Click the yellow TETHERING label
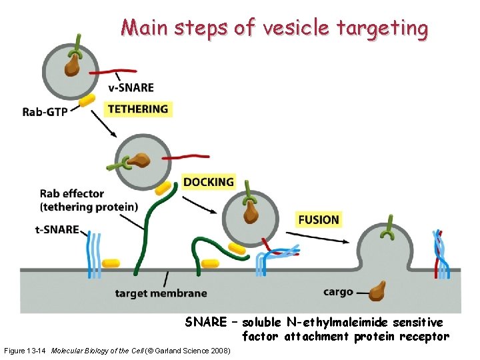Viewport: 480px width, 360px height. click(138, 109)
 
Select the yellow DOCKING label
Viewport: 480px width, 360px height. click(209, 182)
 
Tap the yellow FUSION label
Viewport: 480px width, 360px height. click(319, 219)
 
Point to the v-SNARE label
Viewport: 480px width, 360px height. click(131, 87)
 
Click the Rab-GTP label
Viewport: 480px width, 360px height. click(45, 112)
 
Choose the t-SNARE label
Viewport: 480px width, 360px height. click(56, 230)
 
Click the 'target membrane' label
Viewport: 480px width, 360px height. click(161, 293)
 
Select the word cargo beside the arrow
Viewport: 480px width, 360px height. click(338, 292)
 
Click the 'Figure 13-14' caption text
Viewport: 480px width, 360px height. click(25, 350)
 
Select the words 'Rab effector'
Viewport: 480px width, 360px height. click(72, 194)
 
